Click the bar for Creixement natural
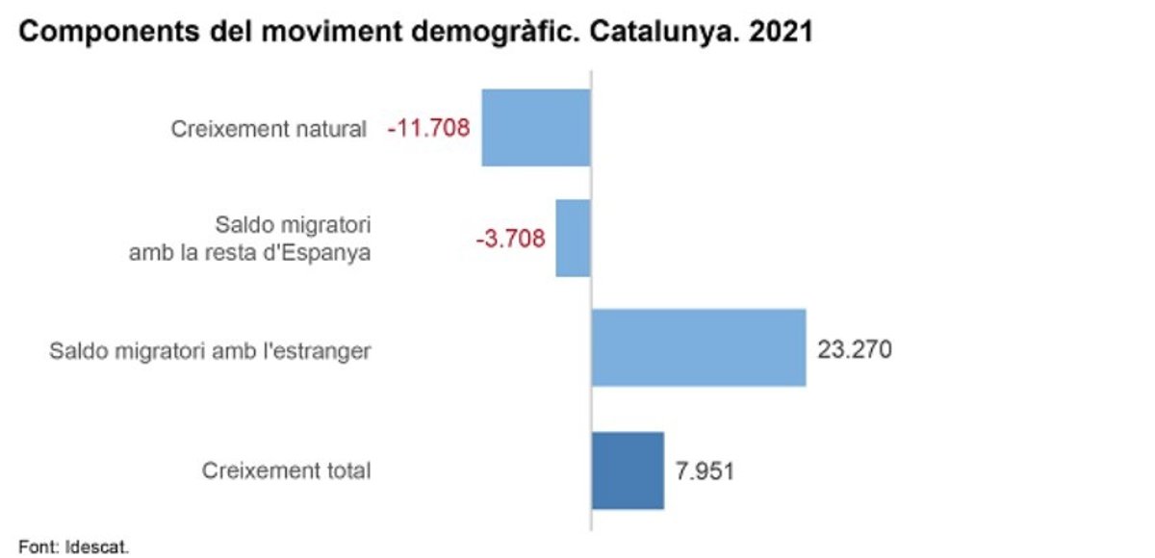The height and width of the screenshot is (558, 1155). coord(535,128)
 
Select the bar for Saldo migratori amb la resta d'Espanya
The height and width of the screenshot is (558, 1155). coord(573,239)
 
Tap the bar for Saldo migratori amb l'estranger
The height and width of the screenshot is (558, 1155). coord(698,348)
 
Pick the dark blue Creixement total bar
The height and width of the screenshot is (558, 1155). coord(628,470)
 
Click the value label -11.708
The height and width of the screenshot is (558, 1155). coord(428,128)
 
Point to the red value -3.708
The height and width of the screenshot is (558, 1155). coord(510,239)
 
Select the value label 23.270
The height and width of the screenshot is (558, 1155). coord(855,348)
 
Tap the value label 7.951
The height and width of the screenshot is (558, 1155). coord(705,471)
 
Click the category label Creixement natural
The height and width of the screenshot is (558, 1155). coord(269,129)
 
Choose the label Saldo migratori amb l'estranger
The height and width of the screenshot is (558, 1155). coord(210,351)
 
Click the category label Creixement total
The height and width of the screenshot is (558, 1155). coord(286,471)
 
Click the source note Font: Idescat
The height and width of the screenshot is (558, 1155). coord(72,547)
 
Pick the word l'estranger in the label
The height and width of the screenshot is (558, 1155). coord(321,351)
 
